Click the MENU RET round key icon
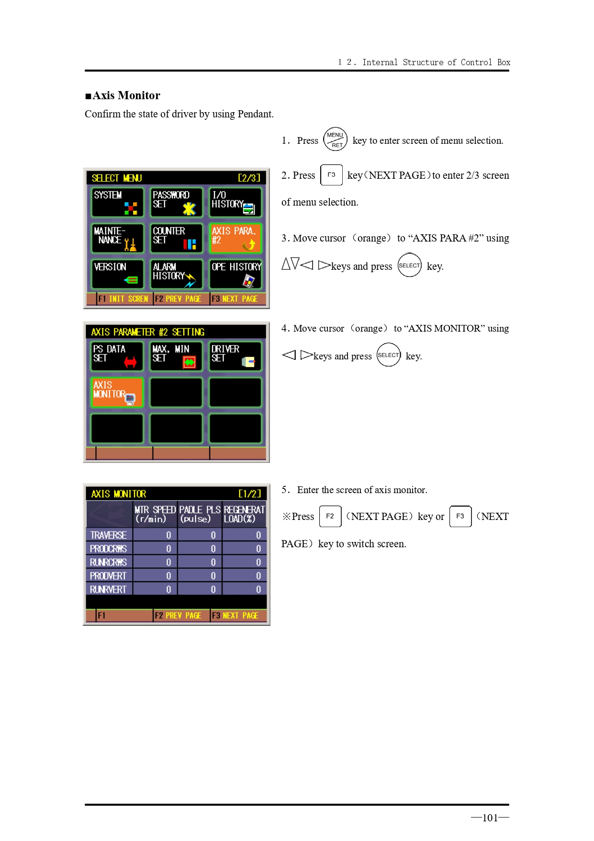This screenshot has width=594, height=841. [335, 139]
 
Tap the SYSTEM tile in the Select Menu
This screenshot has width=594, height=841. [117, 202]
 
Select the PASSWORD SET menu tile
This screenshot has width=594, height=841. [176, 202]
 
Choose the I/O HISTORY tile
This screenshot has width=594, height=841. [235, 202]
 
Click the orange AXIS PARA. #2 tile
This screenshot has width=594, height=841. [235, 238]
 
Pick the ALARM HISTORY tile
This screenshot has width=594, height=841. [176, 274]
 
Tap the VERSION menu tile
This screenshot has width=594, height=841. [117, 274]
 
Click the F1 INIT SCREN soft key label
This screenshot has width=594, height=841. [123, 299]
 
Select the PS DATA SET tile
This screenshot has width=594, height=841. [117, 356]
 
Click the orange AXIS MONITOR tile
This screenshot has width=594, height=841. [117, 392]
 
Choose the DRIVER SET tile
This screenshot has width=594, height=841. [235, 356]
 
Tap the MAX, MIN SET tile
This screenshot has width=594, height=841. [176, 356]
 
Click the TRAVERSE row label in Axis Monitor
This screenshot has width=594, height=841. [109, 535]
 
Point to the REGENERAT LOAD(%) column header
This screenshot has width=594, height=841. [244, 514]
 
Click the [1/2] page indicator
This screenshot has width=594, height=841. [250, 494]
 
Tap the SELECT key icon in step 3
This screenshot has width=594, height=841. [409, 265]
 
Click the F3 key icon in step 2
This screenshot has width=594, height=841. [331, 175]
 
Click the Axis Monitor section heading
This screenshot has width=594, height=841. [123, 95]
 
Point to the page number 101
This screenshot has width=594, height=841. [490, 818]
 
